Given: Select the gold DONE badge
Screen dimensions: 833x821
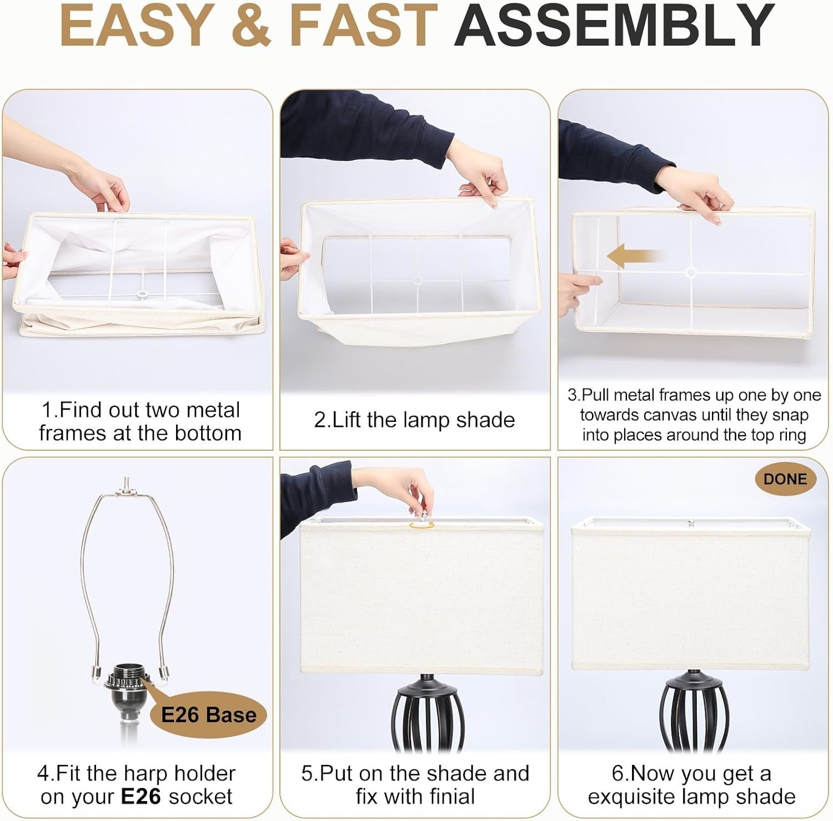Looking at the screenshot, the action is [x=785, y=479].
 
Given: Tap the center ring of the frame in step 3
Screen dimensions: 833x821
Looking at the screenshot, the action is [x=691, y=272].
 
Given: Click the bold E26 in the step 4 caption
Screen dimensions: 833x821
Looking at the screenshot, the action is [x=142, y=797].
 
